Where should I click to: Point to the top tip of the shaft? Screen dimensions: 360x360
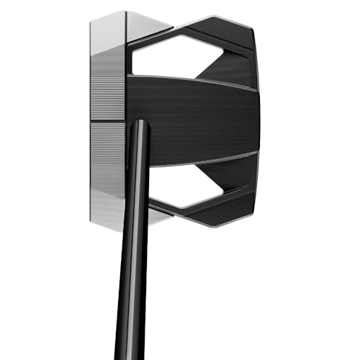(141, 122)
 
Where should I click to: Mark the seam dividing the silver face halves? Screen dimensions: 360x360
(108, 120)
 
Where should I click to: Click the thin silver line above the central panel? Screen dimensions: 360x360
(194, 78)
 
